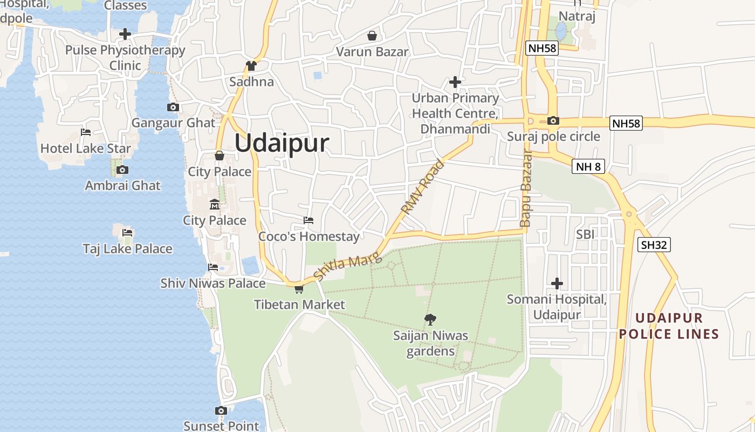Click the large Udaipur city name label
[282, 144]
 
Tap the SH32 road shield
[654, 245]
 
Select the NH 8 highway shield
[588, 166]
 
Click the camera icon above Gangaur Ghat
[173, 107]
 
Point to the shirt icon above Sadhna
[251, 66]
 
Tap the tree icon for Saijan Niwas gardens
[430, 320]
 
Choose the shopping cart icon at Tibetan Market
[299, 289]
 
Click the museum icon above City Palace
[215, 205]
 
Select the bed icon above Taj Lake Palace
[127, 233]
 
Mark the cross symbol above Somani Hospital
[557, 283]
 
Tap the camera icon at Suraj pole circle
[553, 120]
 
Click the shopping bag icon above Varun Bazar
[372, 36]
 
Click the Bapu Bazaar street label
[526, 188]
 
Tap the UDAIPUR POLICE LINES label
[669, 326]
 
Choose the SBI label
[585, 234]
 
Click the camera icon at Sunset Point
[221, 410]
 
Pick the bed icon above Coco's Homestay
[308, 220]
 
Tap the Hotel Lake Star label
[86, 148]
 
